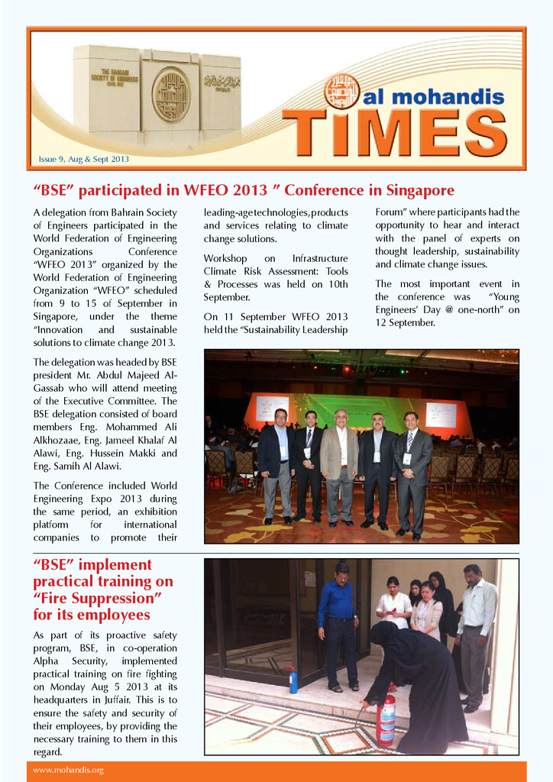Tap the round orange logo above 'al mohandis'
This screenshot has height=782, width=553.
coord(341,92)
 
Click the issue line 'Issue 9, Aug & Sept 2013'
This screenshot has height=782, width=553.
coord(84,160)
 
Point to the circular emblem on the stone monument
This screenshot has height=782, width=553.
coord(170,95)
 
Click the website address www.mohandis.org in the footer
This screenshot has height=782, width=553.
coord(68,770)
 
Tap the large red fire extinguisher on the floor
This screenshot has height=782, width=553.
coord(386,719)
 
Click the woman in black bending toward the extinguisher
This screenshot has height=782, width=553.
coord(416,680)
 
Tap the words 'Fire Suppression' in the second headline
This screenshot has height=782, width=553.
coord(94,598)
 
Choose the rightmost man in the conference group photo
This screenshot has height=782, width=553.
coord(412,471)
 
